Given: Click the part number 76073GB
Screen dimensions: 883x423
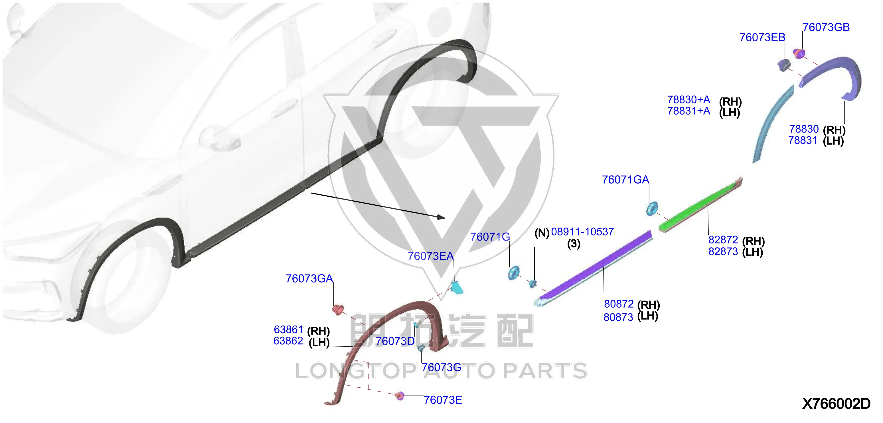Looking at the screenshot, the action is [826, 27].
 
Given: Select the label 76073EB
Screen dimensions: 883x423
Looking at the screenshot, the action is [762, 37].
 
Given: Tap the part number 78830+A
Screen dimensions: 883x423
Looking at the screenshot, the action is [689, 100].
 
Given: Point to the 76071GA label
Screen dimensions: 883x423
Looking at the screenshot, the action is [625, 180].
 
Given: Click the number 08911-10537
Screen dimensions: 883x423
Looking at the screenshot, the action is [582, 231].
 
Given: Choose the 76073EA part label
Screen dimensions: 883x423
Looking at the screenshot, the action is [431, 256].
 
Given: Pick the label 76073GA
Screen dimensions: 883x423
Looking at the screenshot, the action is [309, 278].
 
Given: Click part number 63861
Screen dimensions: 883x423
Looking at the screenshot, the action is [288, 330].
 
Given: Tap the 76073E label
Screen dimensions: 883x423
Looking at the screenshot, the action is [443, 400].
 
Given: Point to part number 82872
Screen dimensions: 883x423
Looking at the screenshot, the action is [723, 240].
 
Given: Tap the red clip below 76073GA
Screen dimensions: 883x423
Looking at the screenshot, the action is [338, 310].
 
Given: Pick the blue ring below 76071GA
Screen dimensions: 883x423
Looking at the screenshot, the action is [652, 209].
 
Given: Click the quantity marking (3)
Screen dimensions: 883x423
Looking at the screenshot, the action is [574, 244].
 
